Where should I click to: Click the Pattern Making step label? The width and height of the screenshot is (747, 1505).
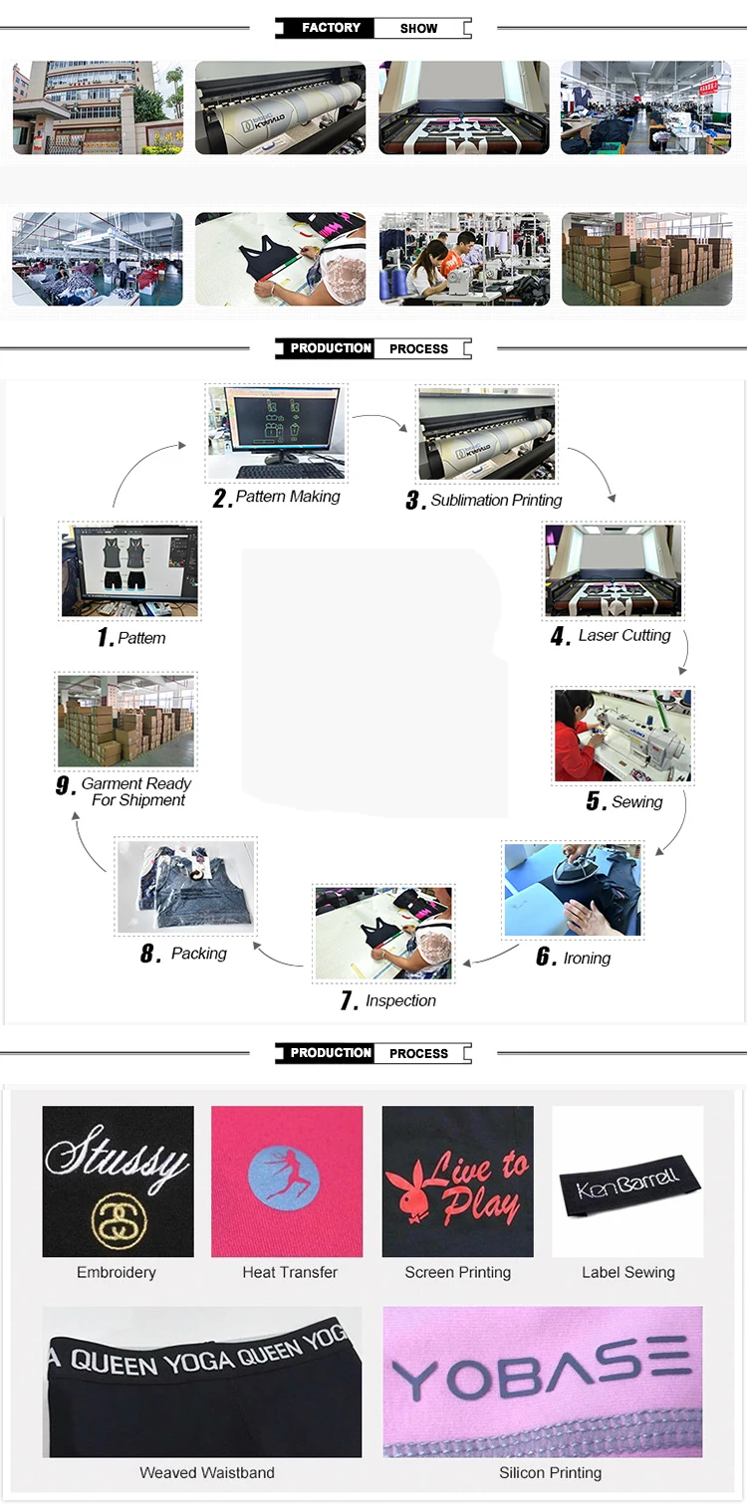tap(287, 497)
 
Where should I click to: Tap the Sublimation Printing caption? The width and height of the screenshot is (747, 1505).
tap(495, 501)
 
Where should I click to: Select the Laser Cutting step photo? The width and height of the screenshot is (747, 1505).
tap(614, 569)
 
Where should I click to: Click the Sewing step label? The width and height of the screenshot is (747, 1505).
tap(636, 802)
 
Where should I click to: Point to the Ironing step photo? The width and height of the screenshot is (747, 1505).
tap(573, 890)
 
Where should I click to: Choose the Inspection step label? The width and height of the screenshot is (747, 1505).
tap(399, 1001)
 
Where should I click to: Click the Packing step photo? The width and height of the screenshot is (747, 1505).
tap(186, 887)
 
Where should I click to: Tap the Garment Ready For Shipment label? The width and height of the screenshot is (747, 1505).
tap(136, 792)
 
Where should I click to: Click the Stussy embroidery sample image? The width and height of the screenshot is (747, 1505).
tap(118, 1182)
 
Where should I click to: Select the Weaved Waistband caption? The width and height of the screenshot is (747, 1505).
tap(206, 1472)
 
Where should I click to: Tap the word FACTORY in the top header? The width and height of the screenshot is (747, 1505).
tap(331, 28)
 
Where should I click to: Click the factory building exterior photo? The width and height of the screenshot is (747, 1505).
tap(98, 107)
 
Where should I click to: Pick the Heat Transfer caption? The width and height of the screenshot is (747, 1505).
tap(289, 1272)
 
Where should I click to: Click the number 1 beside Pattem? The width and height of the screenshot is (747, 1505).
tap(105, 638)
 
